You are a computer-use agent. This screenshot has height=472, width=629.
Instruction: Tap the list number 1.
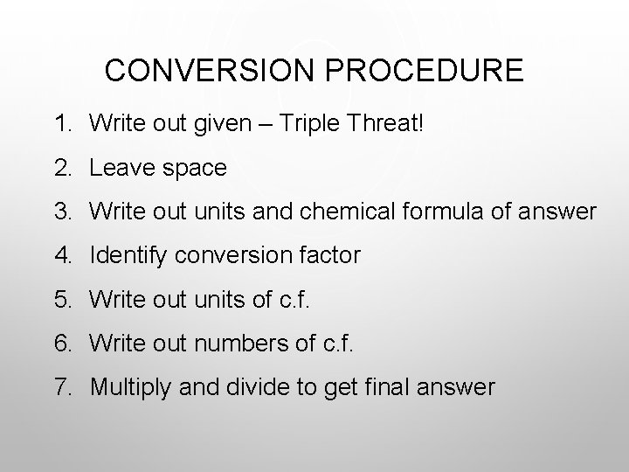(x=60, y=122)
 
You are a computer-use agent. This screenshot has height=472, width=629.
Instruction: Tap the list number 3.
(x=60, y=212)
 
